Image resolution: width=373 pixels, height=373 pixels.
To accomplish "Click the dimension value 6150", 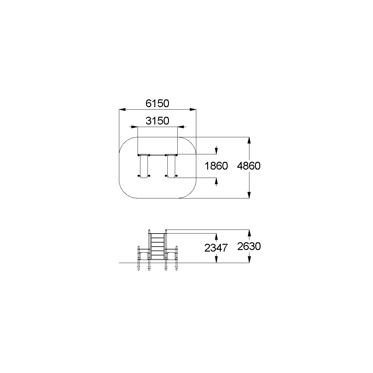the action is (157, 103).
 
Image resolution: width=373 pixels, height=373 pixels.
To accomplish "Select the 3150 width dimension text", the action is (157, 121).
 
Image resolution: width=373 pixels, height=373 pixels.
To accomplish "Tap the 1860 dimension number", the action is (216, 166).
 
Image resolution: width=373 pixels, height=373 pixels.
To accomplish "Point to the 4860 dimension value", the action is (249, 166).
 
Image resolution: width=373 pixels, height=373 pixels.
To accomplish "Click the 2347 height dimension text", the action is (216, 248).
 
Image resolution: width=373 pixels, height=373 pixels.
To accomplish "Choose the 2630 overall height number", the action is (249, 246).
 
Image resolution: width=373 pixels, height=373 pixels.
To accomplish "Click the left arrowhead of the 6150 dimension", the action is (122, 110).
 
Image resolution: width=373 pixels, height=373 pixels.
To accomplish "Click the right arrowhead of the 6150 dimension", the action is (193, 110).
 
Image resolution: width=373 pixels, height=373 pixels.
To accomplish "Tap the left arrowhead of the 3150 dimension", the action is (134, 127).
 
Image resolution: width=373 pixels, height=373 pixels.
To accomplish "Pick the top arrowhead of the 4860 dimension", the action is (249, 140).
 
